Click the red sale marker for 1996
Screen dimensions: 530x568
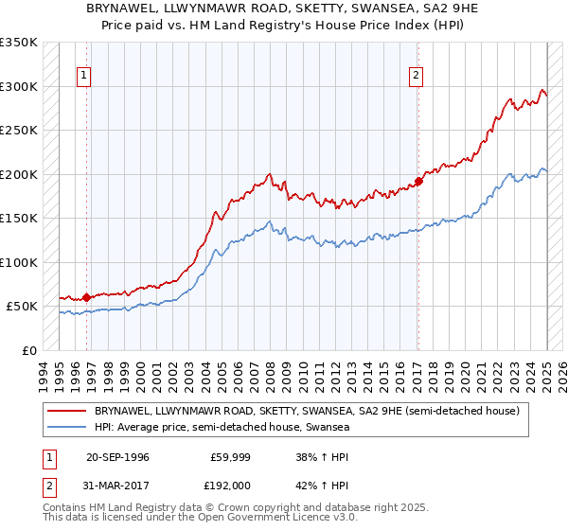[86, 298]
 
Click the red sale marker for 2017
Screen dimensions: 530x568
[417, 182]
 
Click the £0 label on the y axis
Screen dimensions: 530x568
[29, 350]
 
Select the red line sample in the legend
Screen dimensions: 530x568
[67, 412]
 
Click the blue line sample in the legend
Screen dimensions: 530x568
[67, 428]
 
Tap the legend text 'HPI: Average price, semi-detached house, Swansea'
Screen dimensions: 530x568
[222, 428]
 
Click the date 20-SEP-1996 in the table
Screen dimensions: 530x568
[117, 456]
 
